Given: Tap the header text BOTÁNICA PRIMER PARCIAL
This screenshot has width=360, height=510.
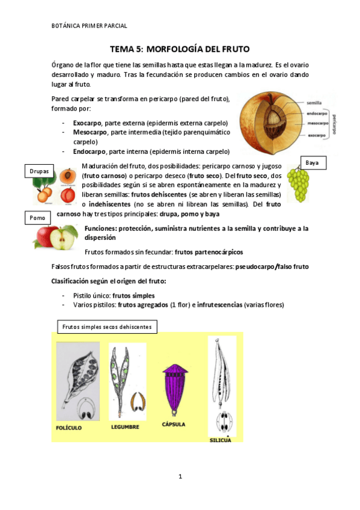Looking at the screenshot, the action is point(90,26).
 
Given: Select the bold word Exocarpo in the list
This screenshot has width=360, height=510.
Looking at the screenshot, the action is point(87,123).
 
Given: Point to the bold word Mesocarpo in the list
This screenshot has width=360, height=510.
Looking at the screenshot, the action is point(88,132).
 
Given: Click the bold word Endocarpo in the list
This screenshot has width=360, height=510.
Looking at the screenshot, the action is point(88,152).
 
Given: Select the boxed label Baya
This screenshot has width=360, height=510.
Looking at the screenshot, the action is point(312,163).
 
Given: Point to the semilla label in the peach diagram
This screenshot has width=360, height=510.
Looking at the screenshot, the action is point(315,102).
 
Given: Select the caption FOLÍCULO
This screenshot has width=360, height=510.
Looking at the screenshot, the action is point(68,428).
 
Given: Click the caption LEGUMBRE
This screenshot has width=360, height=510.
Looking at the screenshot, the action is point(126,427).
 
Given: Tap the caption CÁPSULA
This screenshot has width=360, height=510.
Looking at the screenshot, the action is point(174,424).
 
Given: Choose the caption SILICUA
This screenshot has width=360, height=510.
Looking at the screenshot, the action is point(221,440).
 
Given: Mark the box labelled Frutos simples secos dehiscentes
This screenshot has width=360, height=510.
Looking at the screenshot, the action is point(108,327).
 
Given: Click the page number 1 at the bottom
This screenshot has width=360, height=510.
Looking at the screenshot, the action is point(180,477).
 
